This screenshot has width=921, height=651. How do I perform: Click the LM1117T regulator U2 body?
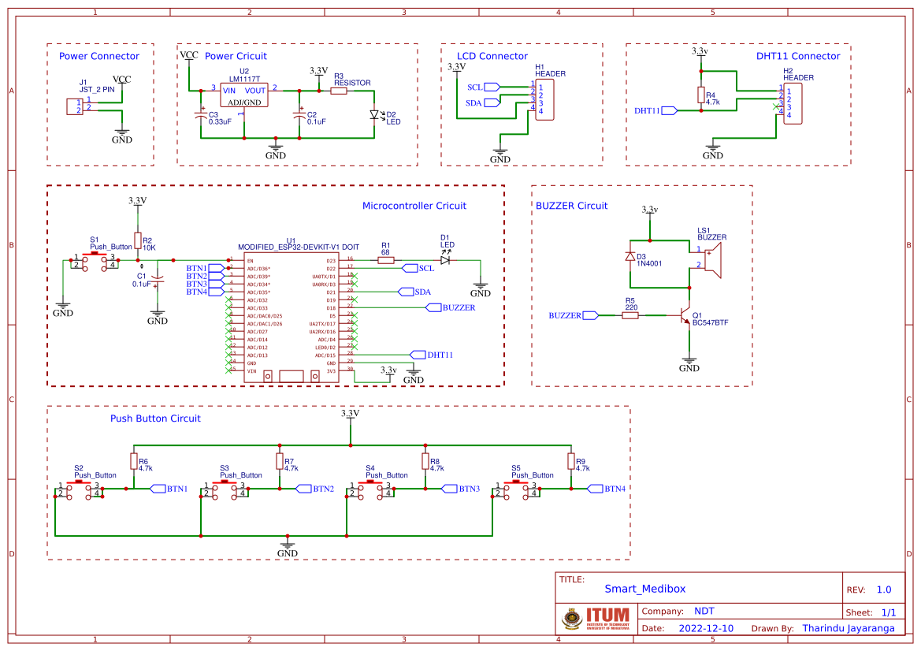pos(243,95)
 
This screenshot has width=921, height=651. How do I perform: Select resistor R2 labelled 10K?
pos(138,241)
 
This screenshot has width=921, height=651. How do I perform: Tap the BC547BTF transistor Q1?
pos(684,315)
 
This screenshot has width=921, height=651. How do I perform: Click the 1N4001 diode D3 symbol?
pos(630,257)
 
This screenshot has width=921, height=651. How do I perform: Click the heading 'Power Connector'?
pos(99,56)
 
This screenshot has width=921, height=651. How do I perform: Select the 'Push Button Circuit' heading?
pos(155,418)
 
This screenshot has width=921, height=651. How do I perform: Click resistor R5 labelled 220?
pos(629,315)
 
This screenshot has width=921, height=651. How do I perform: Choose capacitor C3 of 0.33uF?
pos(201,117)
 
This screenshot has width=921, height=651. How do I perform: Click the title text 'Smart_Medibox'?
pos(644,589)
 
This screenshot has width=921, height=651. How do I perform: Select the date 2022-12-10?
pos(705,629)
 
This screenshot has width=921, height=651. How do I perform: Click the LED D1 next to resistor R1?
pos(446,260)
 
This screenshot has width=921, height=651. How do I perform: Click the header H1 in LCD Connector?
pos(545,99)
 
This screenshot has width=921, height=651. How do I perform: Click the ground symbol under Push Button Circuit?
pos(288,546)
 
